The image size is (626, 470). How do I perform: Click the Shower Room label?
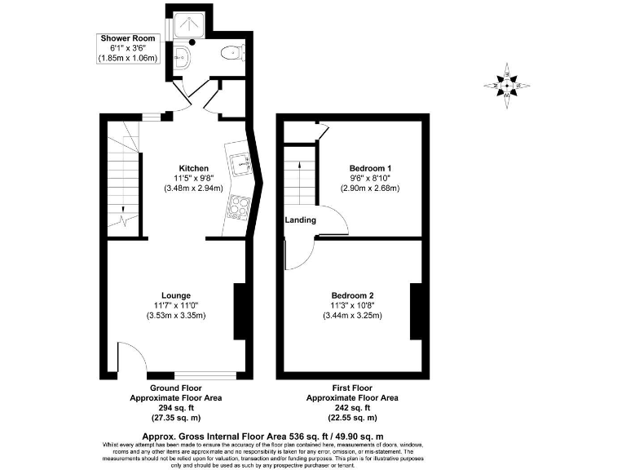[128, 38]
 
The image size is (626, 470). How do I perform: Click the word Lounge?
[176, 295]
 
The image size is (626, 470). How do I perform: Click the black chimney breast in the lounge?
[240, 311]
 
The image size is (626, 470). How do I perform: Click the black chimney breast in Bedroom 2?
[416, 311]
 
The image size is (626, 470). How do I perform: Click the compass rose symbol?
[508, 83]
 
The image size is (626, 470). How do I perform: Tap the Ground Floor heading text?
[176, 388]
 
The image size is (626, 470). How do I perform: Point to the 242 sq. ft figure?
[352, 407]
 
